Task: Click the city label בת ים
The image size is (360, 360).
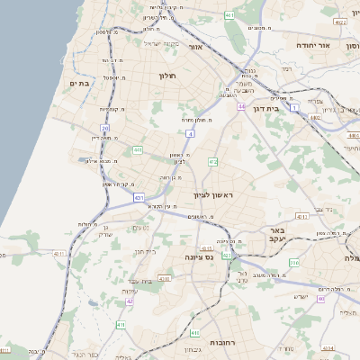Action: [x=78, y=84]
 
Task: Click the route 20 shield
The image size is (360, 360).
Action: [x=104, y=129]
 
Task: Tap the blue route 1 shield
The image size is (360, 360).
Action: [x=294, y=108]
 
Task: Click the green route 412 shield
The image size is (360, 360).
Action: [x=212, y=161]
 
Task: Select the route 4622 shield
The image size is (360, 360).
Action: [x=339, y=21]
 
